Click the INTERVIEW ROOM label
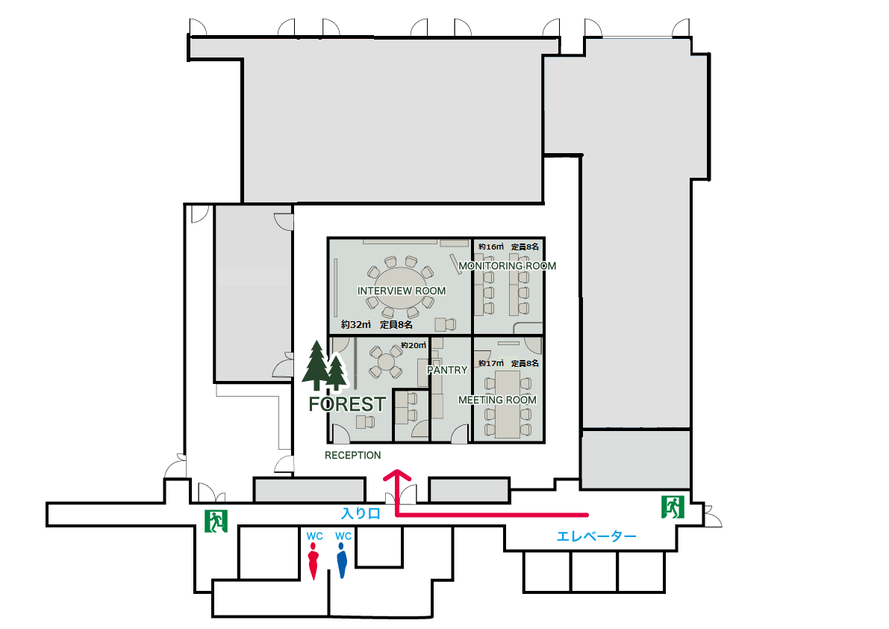(x=402, y=291)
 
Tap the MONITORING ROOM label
(x=508, y=266)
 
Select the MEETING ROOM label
(x=497, y=400)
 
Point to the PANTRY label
(x=447, y=370)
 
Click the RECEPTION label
(x=352, y=456)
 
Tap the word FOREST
(x=347, y=404)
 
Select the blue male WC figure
(x=342, y=560)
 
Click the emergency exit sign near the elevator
(x=673, y=506)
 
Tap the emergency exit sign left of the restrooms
(x=216, y=521)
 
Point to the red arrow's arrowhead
(x=397, y=475)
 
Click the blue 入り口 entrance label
(x=361, y=513)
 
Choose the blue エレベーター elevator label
(x=596, y=536)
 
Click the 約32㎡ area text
(x=355, y=324)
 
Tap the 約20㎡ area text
(x=414, y=345)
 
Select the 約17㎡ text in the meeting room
(x=491, y=363)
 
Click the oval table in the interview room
(x=401, y=288)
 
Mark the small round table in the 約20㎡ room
(x=386, y=362)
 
